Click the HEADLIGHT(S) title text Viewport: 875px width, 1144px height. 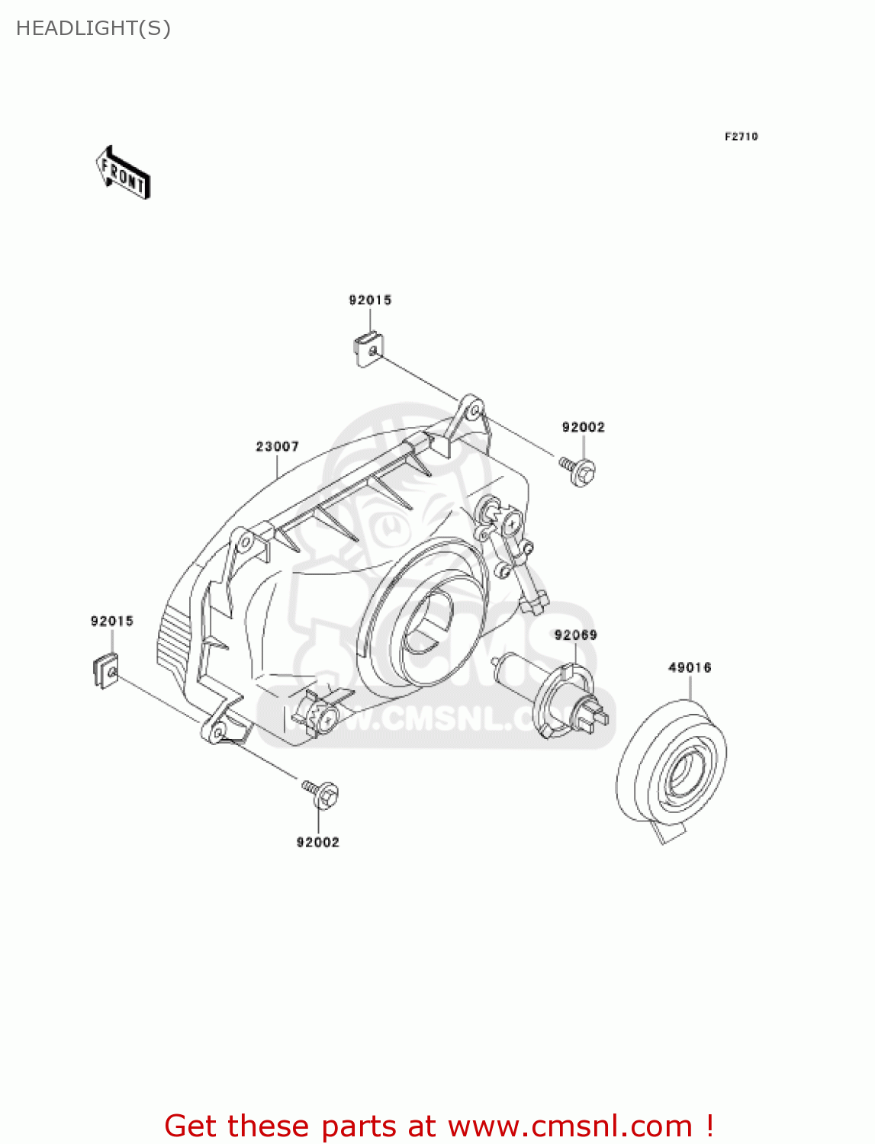tap(93, 28)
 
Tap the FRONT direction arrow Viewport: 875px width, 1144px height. tap(123, 173)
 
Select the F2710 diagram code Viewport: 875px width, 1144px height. tap(741, 137)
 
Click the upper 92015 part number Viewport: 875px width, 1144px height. tap(370, 300)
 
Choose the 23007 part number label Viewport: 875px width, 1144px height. tap(277, 446)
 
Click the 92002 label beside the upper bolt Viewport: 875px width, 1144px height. tap(583, 427)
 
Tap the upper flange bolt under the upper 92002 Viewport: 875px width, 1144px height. tap(579, 470)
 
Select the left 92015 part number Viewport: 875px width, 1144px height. tap(112, 622)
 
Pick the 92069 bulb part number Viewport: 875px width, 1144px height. tap(575, 635)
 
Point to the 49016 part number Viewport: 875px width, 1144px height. tap(690, 667)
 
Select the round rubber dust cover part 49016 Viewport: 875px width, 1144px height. tap(672, 763)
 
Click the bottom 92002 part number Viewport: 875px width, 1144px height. tap(317, 842)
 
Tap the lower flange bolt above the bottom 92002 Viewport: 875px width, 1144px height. tap(322, 793)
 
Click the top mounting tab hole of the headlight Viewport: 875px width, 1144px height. tap(474, 411)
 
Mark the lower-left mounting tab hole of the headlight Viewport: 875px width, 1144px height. tap(217, 733)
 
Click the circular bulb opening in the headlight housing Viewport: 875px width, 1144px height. tap(427, 622)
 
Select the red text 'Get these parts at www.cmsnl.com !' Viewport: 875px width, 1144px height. tap(439, 1126)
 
